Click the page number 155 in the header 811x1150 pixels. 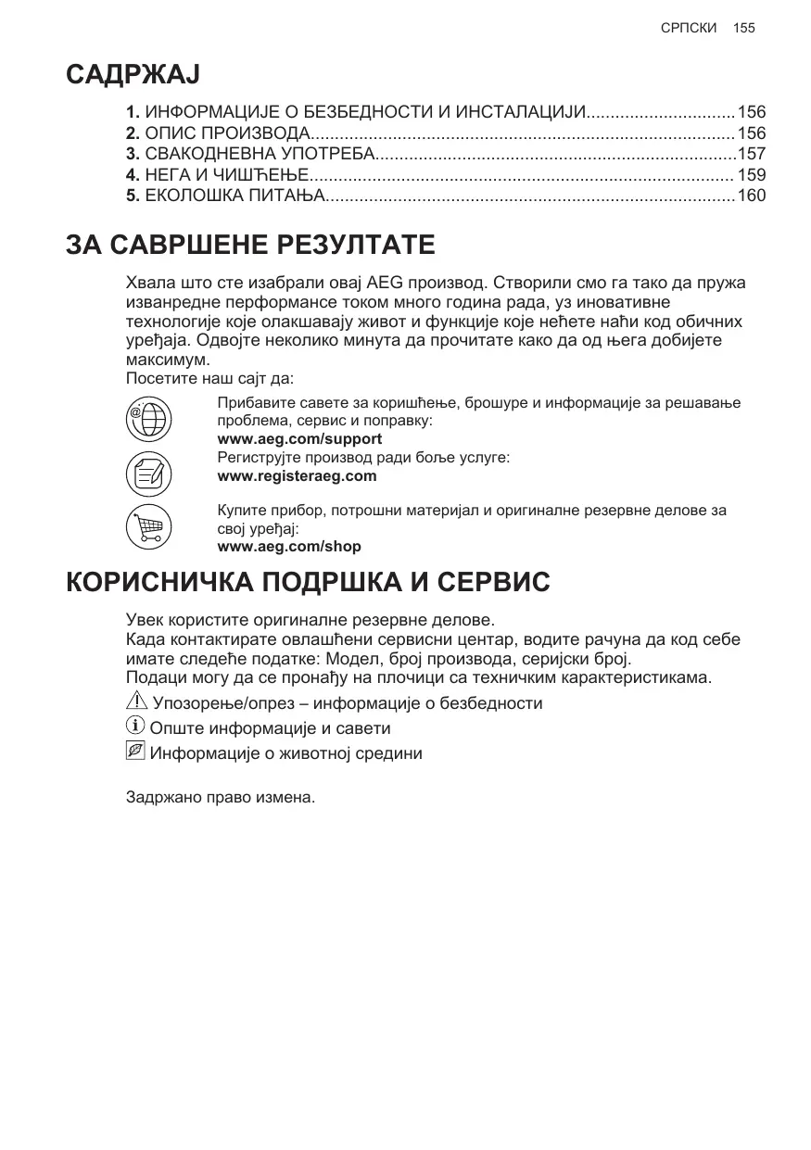pos(743,28)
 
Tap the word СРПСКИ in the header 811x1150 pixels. pos(689,28)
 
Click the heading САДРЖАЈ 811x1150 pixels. pos(133,75)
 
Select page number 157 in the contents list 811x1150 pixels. pos(751,154)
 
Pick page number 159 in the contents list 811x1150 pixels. pos(751,174)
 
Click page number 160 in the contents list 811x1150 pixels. pos(751,196)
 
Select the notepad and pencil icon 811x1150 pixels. pos(147,474)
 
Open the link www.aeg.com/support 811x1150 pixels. pos(298,439)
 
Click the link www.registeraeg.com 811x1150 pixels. pos(297,476)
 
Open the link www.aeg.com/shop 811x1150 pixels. pos(288,547)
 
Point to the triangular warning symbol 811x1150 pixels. pos(136,702)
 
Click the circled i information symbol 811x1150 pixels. pos(135,727)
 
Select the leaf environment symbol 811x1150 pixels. pos(135,752)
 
